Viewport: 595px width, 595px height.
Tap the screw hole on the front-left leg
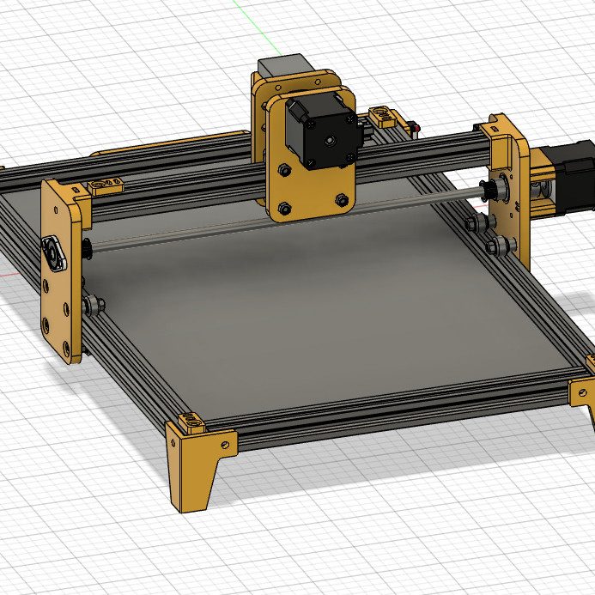pyautogui.click(x=225, y=446)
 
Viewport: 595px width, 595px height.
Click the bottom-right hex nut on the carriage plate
pyautogui.click(x=343, y=200)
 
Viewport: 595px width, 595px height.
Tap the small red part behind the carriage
pyautogui.click(x=416, y=129)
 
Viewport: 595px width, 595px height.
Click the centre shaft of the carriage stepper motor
pyautogui.click(x=330, y=137)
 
